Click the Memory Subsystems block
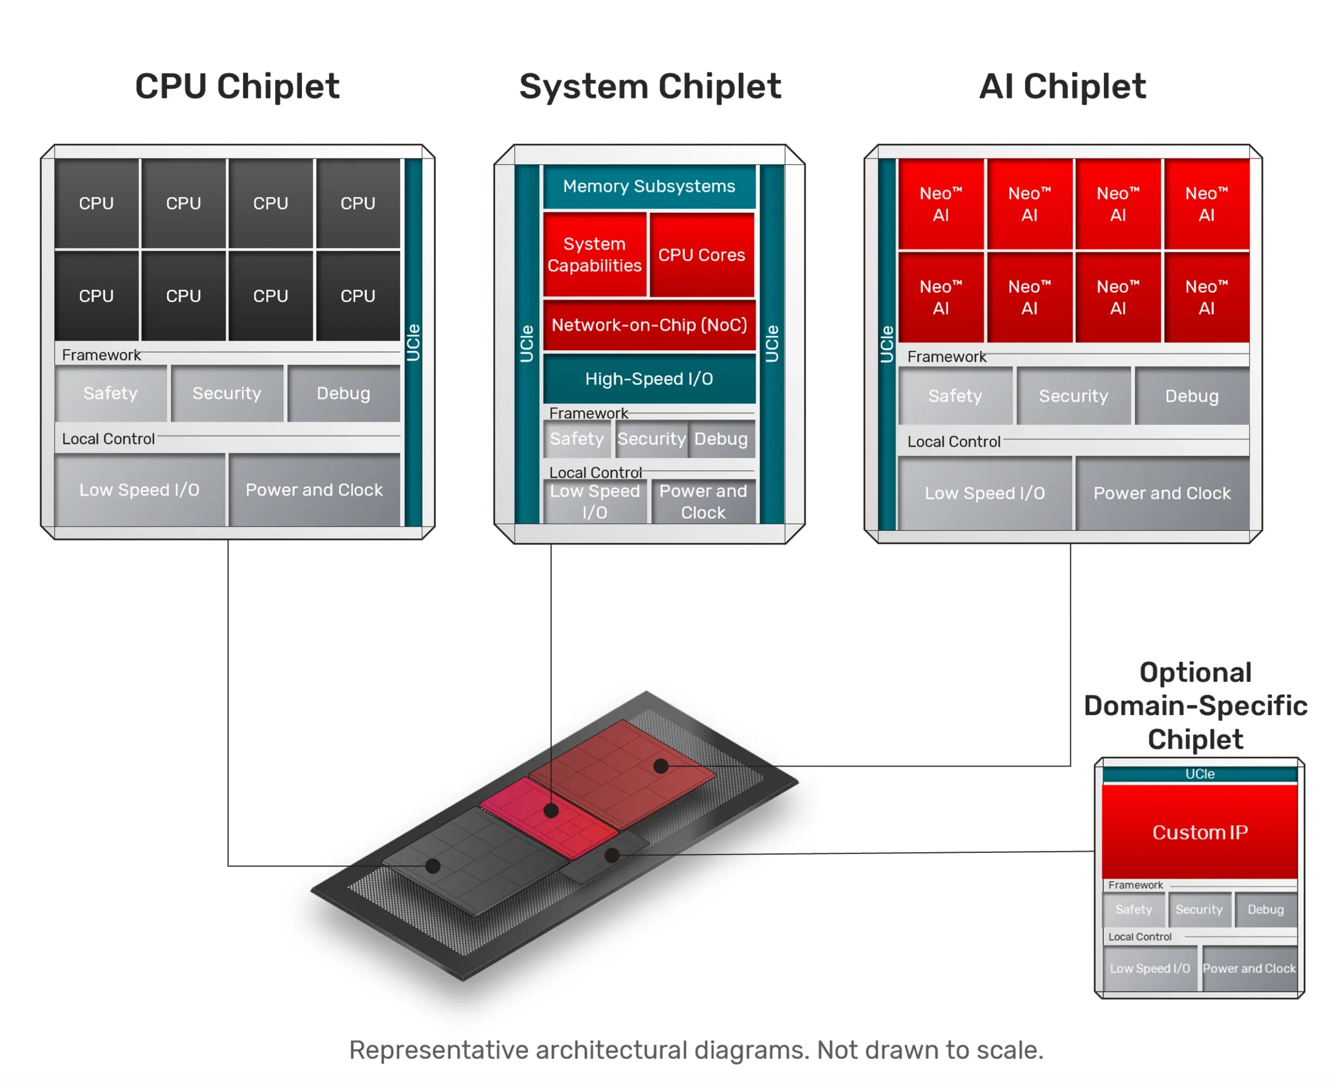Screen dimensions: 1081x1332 [649, 186]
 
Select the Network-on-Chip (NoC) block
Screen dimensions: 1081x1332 [649, 325]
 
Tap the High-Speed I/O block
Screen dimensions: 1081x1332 [649, 378]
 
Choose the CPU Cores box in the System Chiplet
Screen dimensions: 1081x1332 [701, 255]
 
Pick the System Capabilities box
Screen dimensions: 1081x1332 [594, 255]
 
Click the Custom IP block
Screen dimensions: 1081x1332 [1199, 832]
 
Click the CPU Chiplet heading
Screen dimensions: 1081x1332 [237, 86]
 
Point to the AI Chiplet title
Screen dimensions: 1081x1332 [1062, 86]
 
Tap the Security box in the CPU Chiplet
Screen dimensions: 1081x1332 [226, 393]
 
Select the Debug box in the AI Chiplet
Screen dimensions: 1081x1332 [1192, 396]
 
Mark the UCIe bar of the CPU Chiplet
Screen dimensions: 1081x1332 [413, 342]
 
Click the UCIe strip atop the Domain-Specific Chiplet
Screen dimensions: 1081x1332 [1199, 774]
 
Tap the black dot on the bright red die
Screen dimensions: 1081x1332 [551, 811]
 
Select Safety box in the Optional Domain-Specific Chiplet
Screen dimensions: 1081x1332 [1133, 909]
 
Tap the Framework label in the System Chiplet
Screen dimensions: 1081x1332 [588, 413]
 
